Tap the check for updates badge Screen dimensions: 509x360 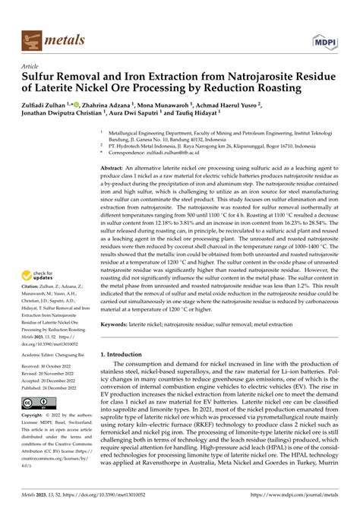point(43,277)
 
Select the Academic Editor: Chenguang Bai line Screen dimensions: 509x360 point(58,353)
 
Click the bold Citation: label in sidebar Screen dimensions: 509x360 point(33,295)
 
